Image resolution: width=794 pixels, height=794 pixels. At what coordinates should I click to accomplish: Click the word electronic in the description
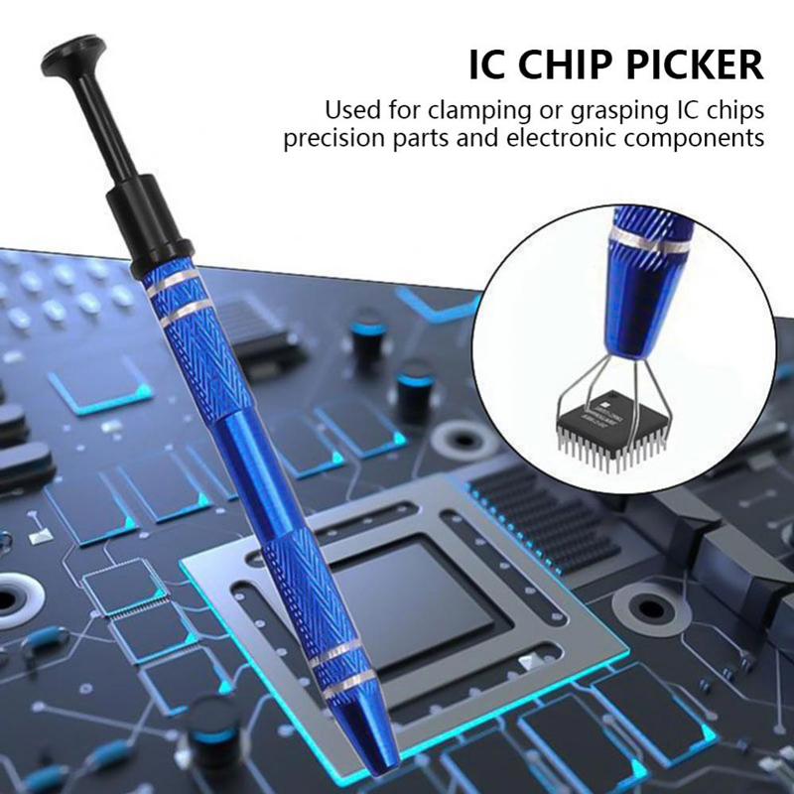tap(552, 137)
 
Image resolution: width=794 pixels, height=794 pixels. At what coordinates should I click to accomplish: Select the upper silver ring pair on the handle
tap(176, 295)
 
